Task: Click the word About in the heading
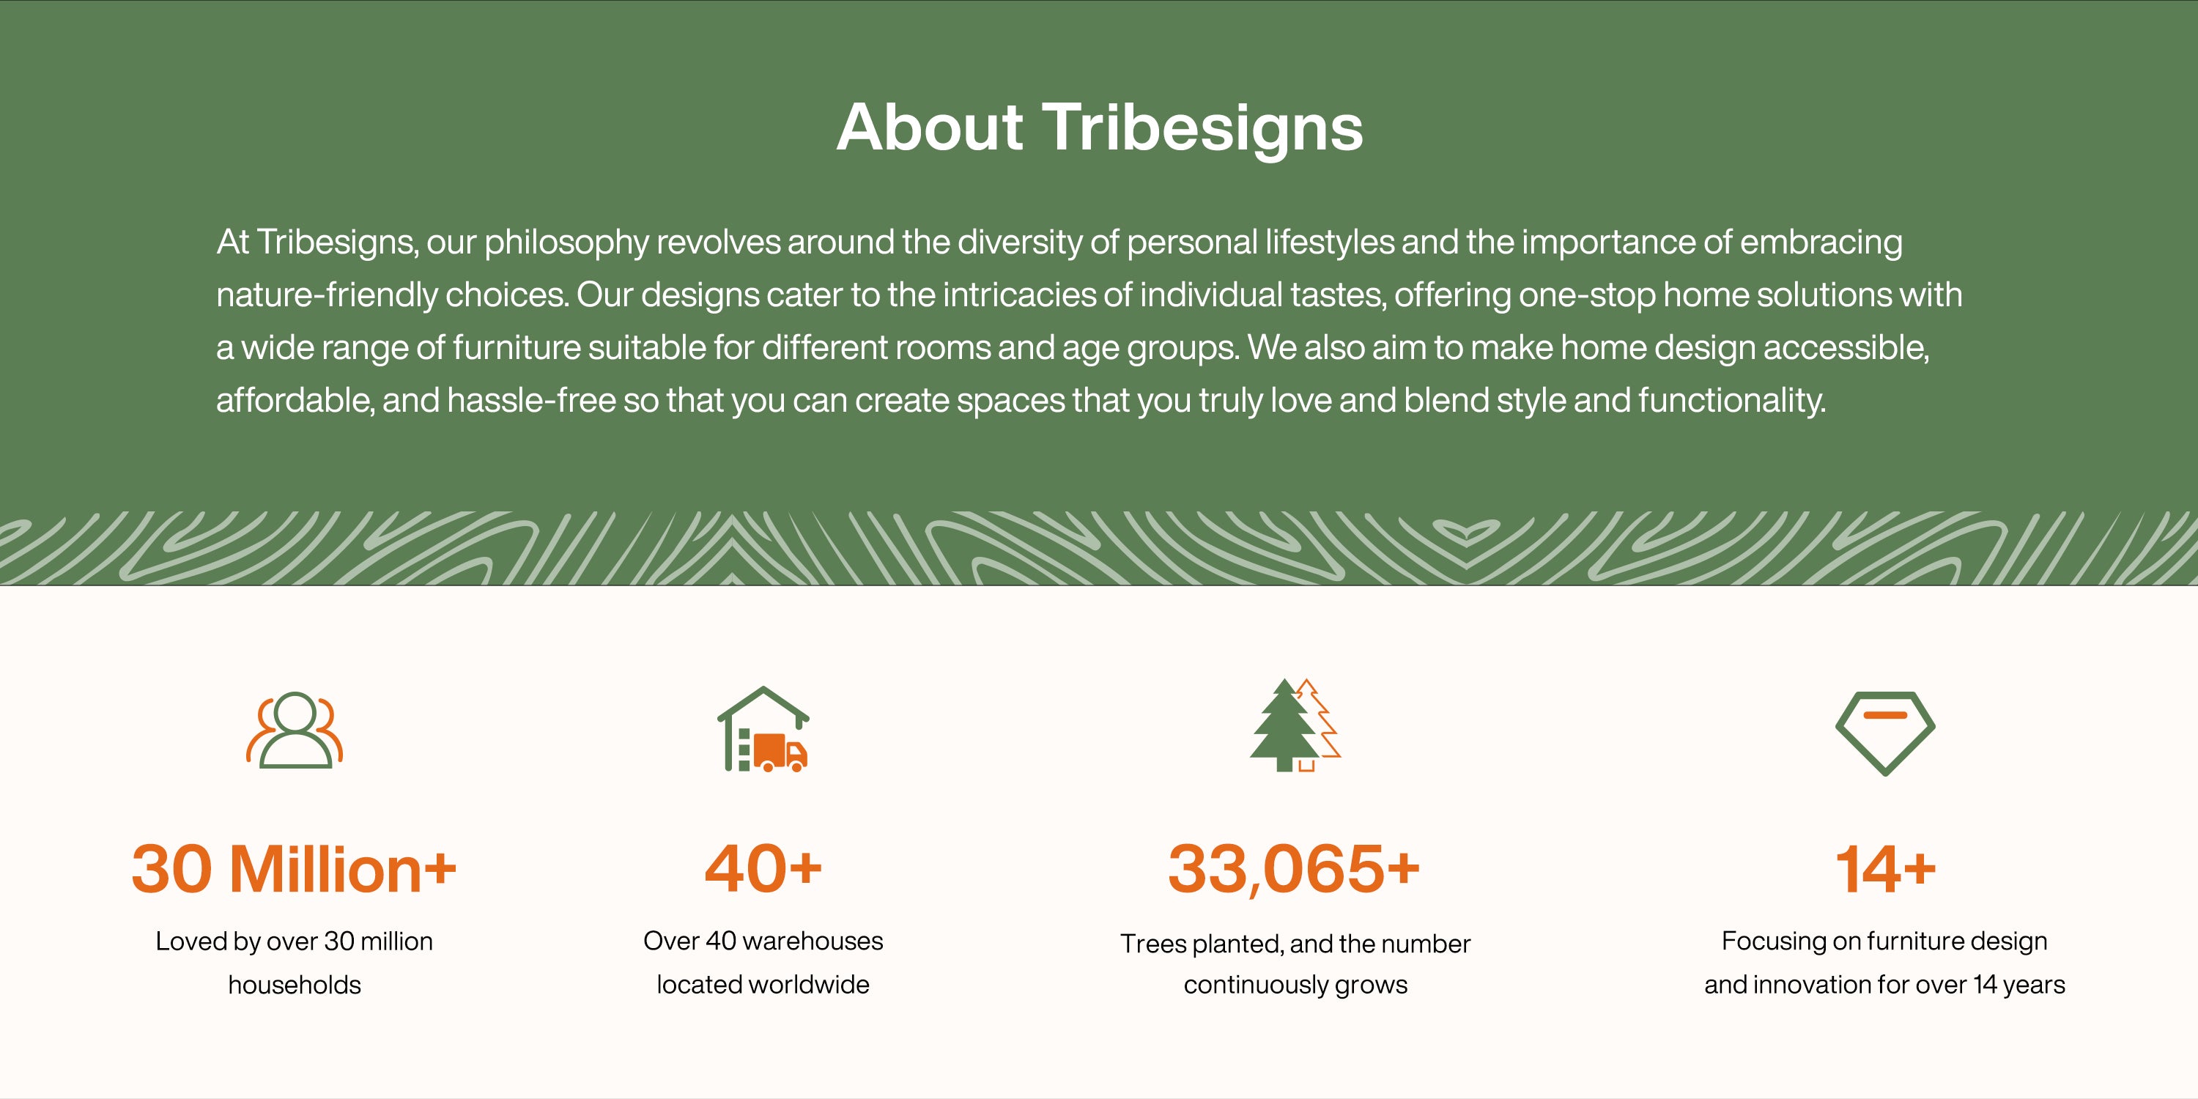click(x=929, y=127)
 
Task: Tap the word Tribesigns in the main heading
click(x=1203, y=130)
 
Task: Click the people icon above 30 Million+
click(x=295, y=730)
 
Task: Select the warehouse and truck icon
click(x=763, y=730)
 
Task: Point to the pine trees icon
click(x=1295, y=725)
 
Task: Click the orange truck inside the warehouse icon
click(x=780, y=752)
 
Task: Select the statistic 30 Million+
click(x=295, y=870)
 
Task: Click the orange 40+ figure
click(x=763, y=870)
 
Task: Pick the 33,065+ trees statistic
click(x=1295, y=870)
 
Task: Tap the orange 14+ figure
click(x=1885, y=870)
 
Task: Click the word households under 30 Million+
click(x=295, y=985)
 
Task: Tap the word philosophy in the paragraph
click(x=566, y=243)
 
